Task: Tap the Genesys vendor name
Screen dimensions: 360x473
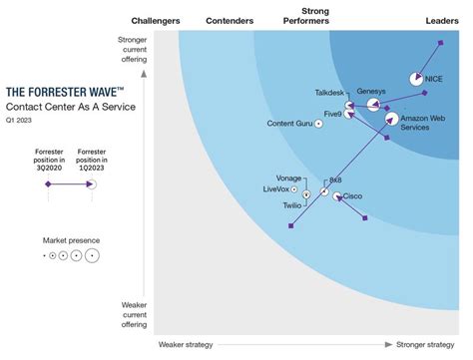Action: [371, 91]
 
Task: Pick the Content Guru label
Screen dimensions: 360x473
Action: [288, 124]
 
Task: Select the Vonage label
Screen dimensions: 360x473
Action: [288, 177]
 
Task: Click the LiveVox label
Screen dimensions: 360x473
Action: [281, 188]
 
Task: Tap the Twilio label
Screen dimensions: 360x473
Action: [291, 204]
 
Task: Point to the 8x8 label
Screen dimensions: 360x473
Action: [335, 180]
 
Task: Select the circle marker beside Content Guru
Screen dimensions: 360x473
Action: [319, 124]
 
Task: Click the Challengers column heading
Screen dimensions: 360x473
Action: [155, 20]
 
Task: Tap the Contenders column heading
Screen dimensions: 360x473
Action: [229, 20]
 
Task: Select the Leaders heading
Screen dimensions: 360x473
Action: [435, 20]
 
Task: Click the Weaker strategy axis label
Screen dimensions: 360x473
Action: [185, 345]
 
